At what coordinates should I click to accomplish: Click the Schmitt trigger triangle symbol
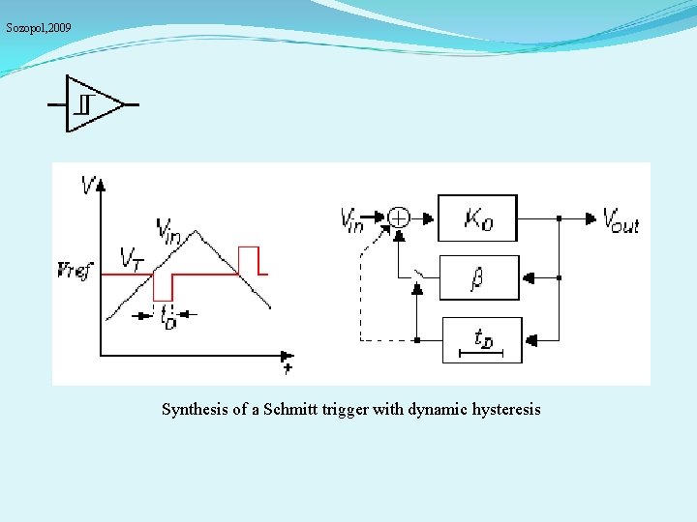[93, 103]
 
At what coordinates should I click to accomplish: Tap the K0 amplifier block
[477, 218]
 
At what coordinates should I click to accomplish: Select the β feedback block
[479, 278]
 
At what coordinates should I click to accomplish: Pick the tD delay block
[481, 339]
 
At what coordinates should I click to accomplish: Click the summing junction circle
[399, 217]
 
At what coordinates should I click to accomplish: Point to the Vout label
[621, 220]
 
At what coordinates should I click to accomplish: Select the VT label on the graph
[132, 257]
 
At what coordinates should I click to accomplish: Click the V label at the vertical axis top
[90, 184]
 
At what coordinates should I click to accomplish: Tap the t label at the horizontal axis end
[288, 368]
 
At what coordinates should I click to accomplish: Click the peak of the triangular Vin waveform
[196, 231]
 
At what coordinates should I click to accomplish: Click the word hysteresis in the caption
[506, 410]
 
